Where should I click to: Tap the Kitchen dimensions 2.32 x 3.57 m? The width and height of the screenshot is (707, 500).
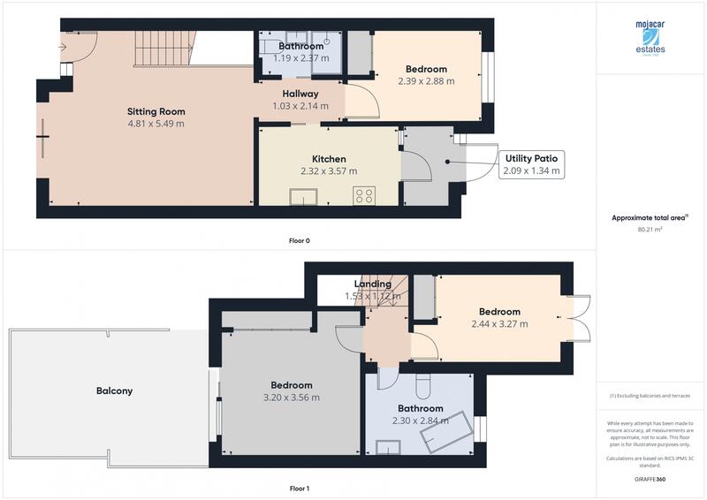click(x=328, y=171)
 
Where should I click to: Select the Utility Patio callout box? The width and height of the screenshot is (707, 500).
click(x=530, y=164)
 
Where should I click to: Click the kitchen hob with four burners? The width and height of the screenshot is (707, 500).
click(x=363, y=196)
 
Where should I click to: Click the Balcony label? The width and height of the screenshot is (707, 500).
click(x=115, y=390)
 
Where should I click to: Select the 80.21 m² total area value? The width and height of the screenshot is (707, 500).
click(x=650, y=229)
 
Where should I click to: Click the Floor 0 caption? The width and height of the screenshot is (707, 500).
click(x=300, y=240)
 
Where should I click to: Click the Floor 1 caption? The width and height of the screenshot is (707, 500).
click(x=300, y=488)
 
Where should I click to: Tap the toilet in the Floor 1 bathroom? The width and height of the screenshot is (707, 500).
click(x=422, y=386)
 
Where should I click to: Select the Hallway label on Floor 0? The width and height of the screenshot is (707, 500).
click(x=300, y=94)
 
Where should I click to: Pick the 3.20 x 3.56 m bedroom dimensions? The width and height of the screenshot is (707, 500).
click(x=291, y=398)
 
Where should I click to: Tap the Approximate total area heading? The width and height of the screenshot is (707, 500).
click(x=650, y=217)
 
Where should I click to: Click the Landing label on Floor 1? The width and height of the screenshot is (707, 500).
click(x=372, y=284)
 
